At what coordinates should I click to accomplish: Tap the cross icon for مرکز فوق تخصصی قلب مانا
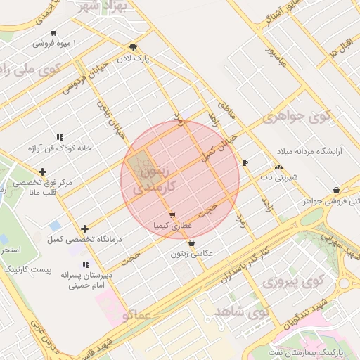[x=43, y=172]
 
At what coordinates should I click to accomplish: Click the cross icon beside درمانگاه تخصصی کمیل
[x=84, y=229]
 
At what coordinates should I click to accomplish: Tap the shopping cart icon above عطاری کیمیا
[x=172, y=215]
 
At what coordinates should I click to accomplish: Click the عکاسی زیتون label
[x=192, y=254]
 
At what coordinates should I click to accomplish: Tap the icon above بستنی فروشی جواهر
[x=336, y=190]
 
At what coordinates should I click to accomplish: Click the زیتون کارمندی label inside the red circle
[x=151, y=177]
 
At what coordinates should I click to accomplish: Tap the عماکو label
[x=135, y=316]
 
